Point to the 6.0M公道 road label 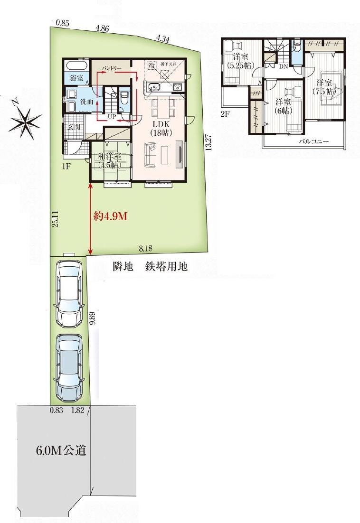pos(61,450)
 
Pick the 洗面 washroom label pos(86,101)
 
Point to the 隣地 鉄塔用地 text pos(150,267)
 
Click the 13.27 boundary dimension pos(208,142)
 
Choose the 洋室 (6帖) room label pos(284,105)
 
